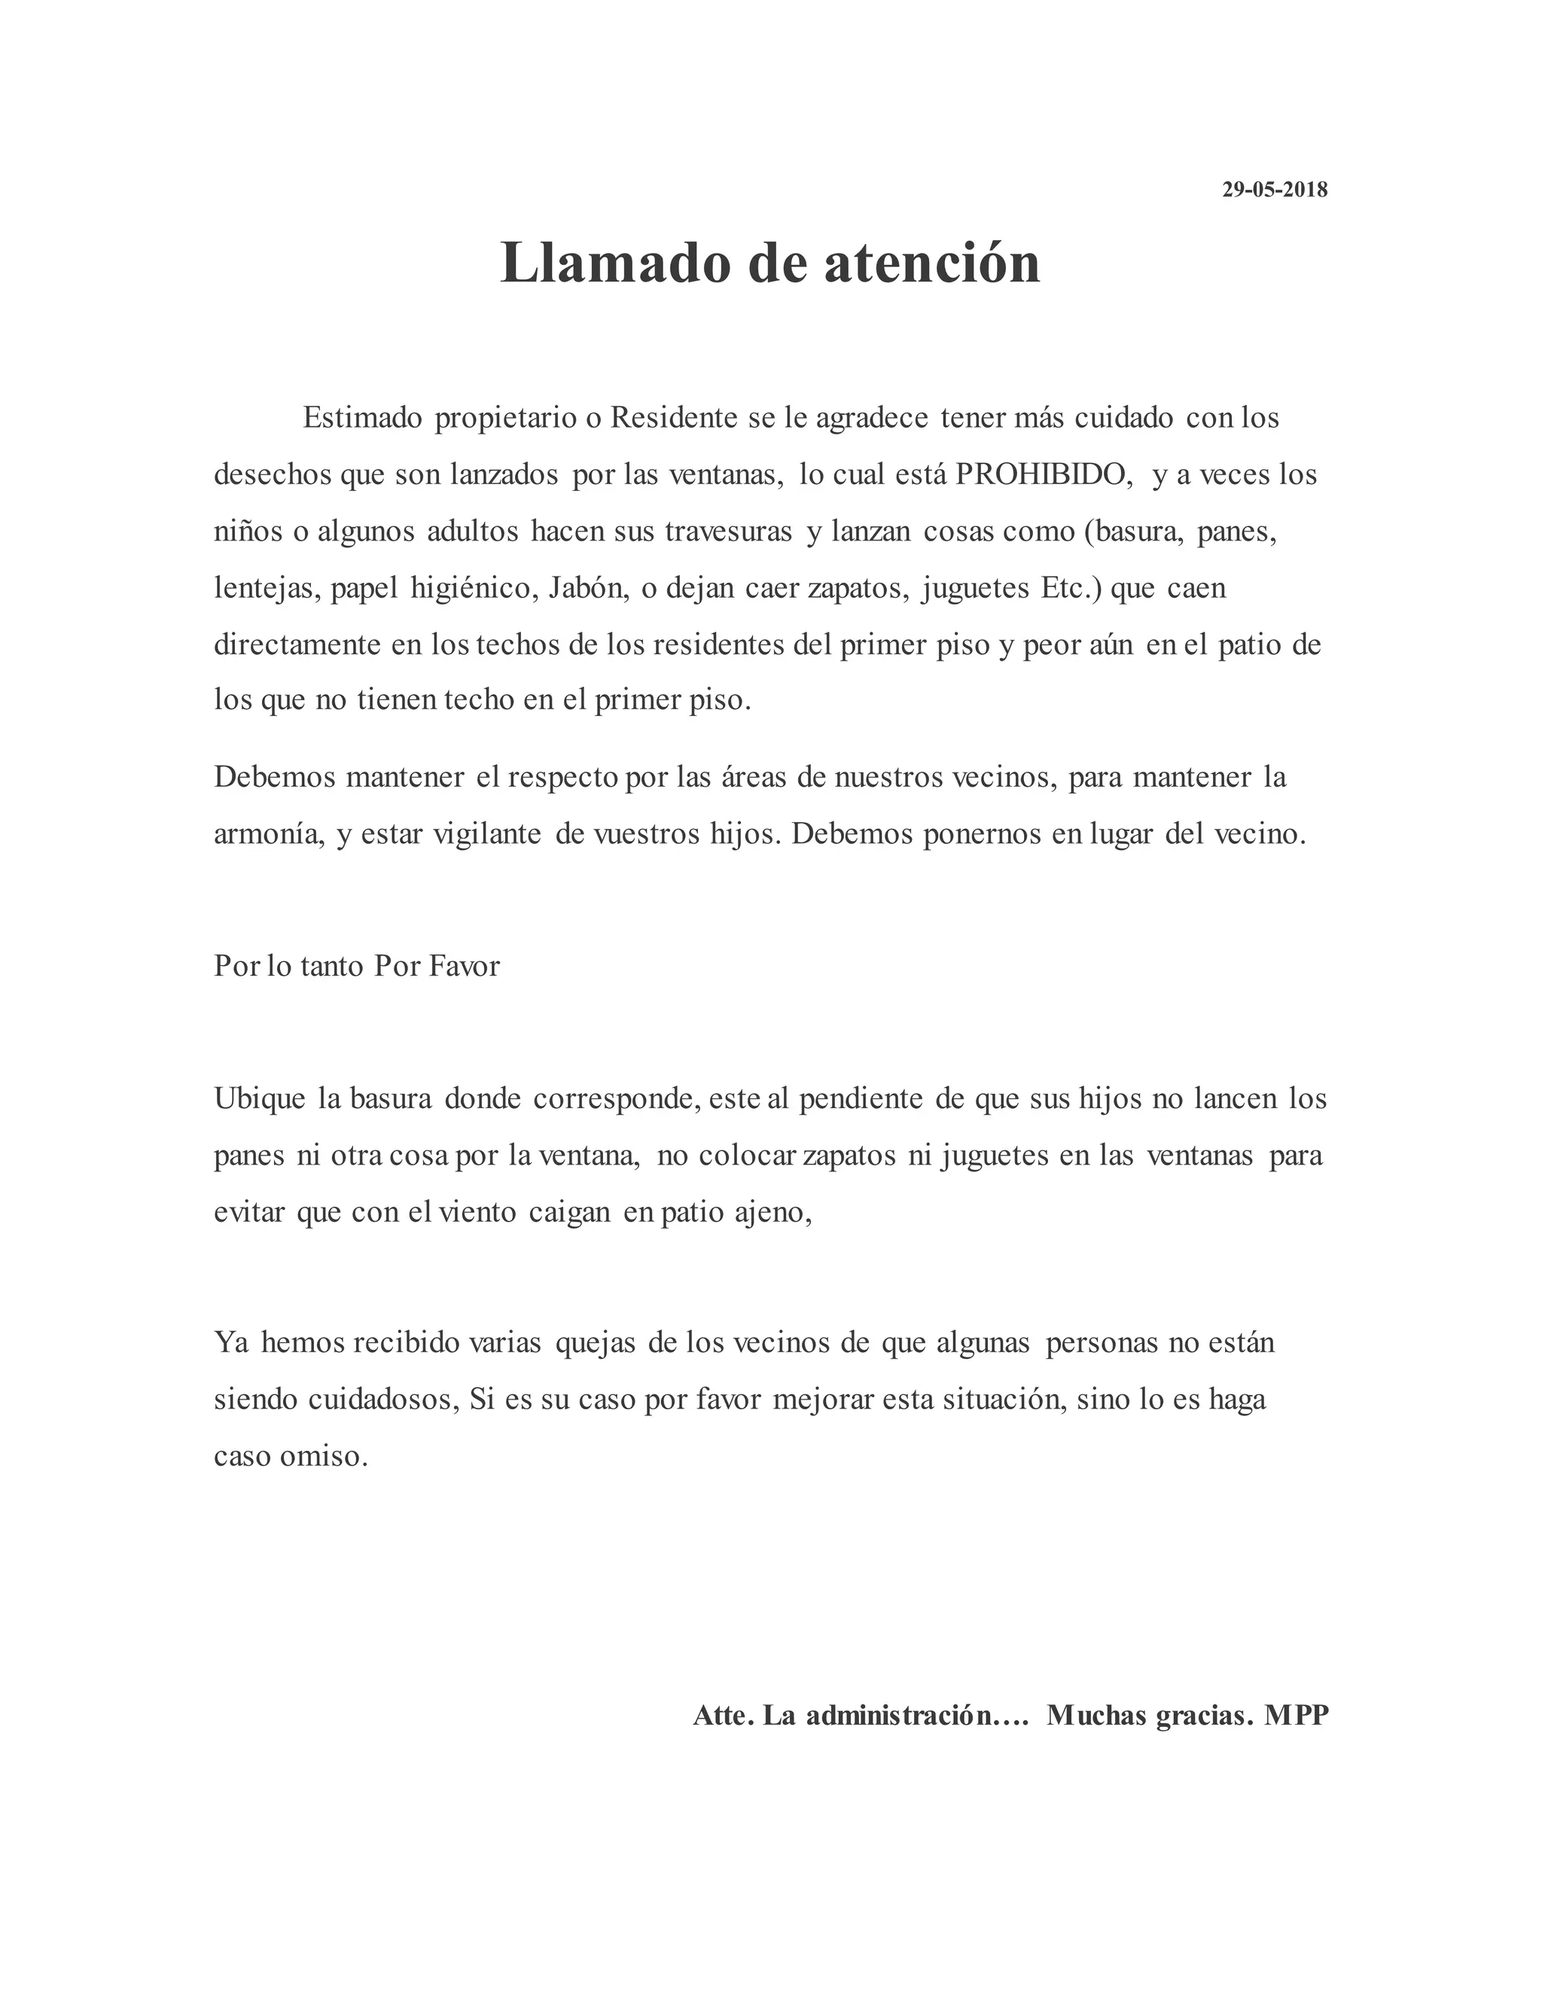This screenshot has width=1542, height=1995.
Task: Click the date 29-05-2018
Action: click(x=1275, y=190)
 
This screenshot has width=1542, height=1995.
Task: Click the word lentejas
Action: click(x=266, y=588)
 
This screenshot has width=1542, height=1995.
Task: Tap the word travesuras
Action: click(x=728, y=531)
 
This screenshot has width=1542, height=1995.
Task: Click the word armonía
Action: click(x=269, y=835)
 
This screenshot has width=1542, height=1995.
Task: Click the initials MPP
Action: click(x=1297, y=1716)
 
